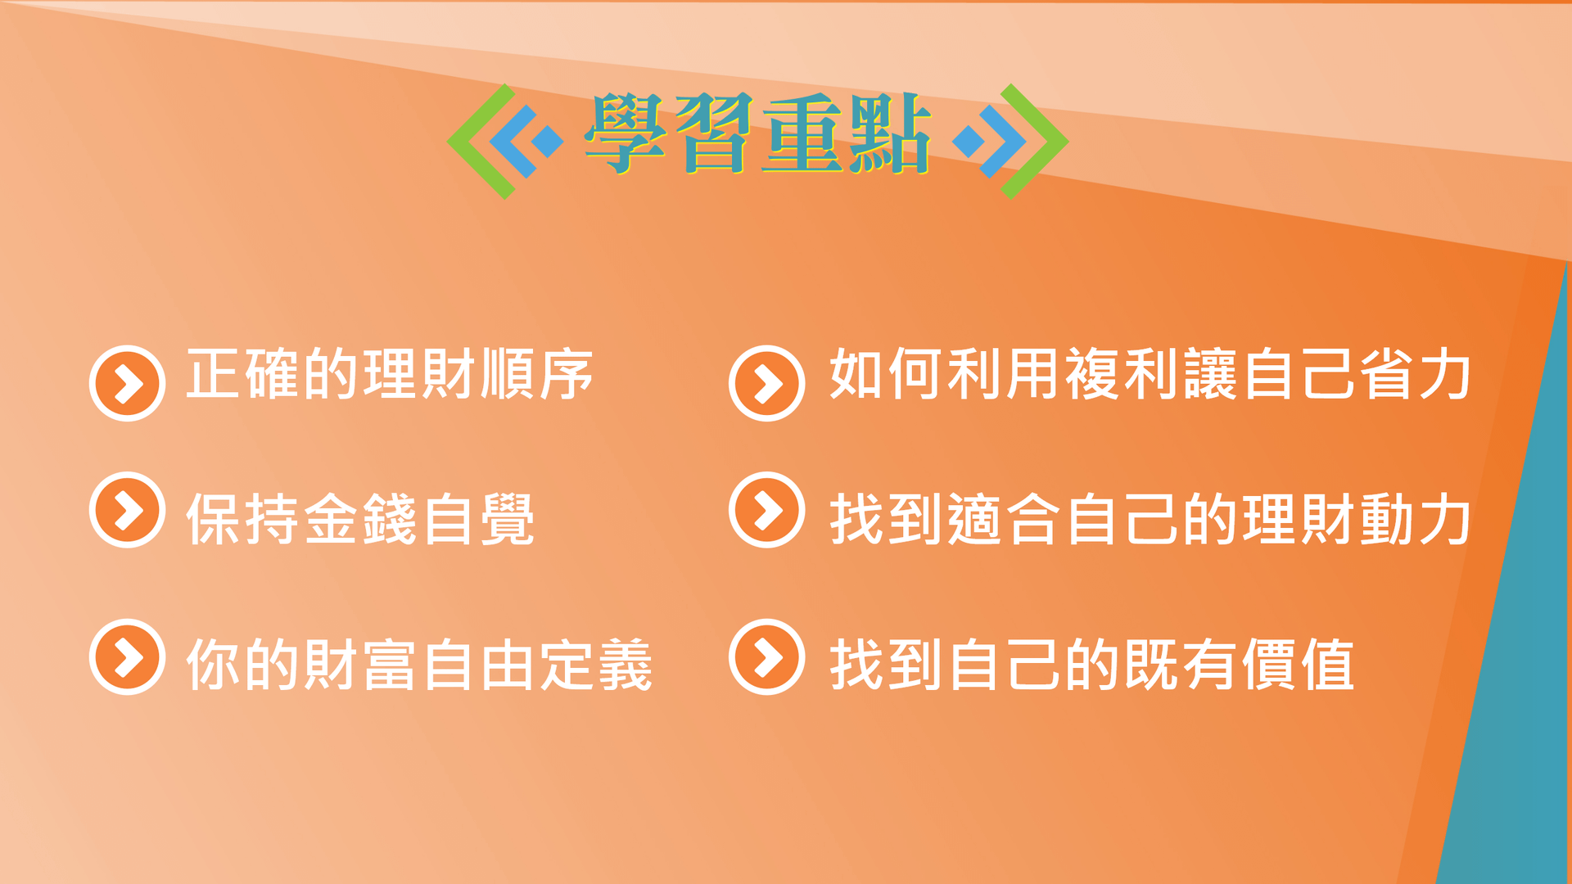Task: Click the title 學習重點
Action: (x=757, y=133)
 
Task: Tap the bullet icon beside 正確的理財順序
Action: (x=127, y=383)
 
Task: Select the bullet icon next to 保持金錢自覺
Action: (x=127, y=510)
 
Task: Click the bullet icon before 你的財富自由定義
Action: (x=127, y=656)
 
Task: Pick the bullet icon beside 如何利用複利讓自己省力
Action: (x=767, y=383)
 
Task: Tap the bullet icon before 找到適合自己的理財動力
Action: (x=767, y=510)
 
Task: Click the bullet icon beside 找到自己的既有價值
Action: (x=767, y=656)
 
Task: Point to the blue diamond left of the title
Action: (x=547, y=141)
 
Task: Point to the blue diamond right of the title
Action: (x=969, y=141)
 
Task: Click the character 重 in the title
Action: (x=802, y=133)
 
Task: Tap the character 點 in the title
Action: (x=891, y=133)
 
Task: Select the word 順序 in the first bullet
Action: (x=537, y=374)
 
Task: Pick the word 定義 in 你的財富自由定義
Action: (x=595, y=665)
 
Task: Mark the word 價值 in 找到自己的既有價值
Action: (x=1298, y=665)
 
